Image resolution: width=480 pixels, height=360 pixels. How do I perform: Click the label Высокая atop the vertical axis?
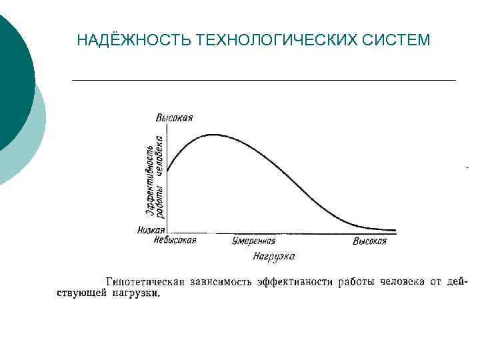(175, 118)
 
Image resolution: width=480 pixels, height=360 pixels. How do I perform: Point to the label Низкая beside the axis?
(151, 230)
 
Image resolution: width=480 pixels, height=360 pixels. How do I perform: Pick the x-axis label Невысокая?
(175, 241)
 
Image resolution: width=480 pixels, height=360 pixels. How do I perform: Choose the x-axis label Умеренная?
(254, 241)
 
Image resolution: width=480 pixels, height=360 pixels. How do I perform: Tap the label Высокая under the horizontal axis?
(370, 241)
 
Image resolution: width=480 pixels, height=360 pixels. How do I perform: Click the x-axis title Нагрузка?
(274, 256)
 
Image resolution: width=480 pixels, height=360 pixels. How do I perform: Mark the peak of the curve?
(212, 135)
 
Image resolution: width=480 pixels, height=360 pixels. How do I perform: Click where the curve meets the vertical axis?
(167, 171)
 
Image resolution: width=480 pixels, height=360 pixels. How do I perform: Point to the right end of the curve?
(395, 230)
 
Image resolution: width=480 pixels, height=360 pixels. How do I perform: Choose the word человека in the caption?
(401, 283)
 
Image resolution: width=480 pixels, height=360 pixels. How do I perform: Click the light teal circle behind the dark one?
(33, 143)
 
